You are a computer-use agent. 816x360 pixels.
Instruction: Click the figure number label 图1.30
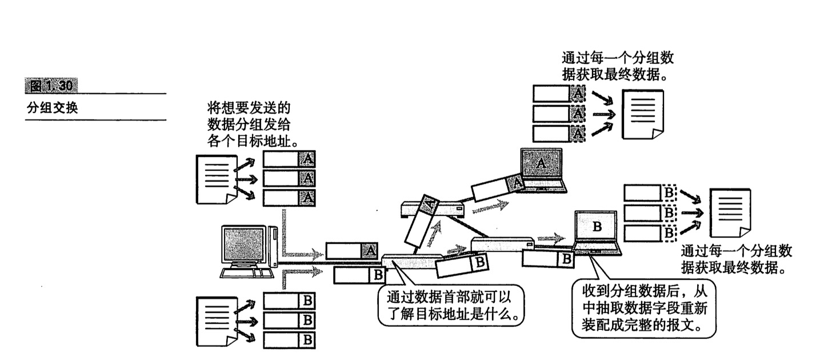click(52, 86)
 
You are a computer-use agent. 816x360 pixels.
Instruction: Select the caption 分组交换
click(52, 107)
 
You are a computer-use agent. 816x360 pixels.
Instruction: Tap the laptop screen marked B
click(597, 227)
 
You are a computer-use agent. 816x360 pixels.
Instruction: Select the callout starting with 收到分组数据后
click(643, 309)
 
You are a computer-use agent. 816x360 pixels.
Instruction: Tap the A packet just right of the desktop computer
click(352, 251)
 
